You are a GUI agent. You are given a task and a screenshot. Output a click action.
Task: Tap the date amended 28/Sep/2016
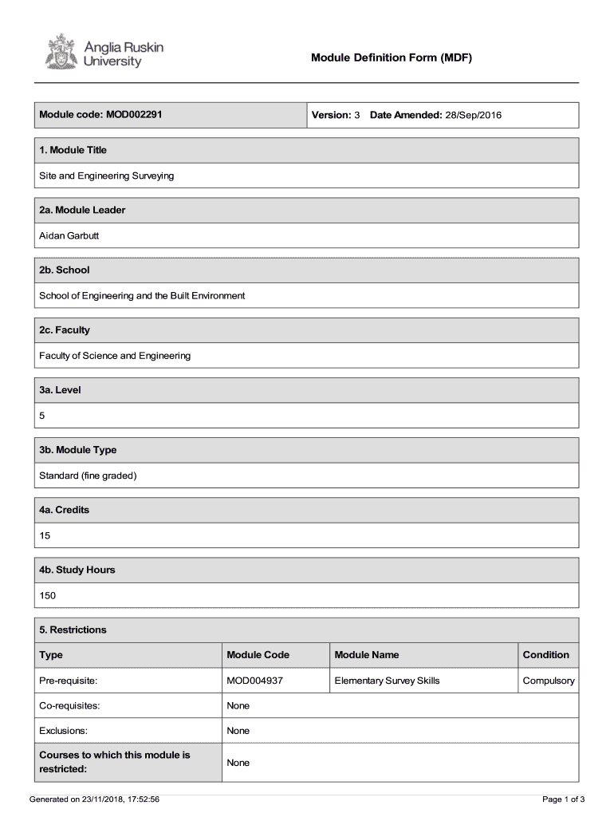[473, 115]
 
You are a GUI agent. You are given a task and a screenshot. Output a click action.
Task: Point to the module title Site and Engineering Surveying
[106, 176]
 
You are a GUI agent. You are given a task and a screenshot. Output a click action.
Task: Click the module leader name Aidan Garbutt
[69, 235]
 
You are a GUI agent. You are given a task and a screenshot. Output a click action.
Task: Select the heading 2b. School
[65, 270]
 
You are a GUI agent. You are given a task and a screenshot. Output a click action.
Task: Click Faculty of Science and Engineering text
[115, 356]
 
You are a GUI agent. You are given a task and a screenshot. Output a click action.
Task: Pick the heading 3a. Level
[61, 390]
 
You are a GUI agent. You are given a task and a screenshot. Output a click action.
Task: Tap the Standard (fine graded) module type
[89, 476]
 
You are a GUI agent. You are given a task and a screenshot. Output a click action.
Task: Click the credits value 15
[45, 535]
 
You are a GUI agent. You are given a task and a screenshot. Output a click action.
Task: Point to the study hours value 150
[48, 595]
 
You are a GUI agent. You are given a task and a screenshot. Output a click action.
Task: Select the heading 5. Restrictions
[73, 630]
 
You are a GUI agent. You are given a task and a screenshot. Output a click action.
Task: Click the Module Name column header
[366, 655]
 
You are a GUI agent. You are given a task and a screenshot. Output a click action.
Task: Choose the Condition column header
[545, 655]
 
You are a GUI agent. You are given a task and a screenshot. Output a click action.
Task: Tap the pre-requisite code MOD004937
[255, 681]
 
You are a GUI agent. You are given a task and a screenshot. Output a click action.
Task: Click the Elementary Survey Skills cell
[387, 681]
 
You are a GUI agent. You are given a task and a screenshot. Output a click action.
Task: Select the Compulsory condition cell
[548, 681]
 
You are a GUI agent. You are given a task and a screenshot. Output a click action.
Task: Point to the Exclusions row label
[64, 731]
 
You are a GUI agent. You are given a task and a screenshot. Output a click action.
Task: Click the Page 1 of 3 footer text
[563, 799]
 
